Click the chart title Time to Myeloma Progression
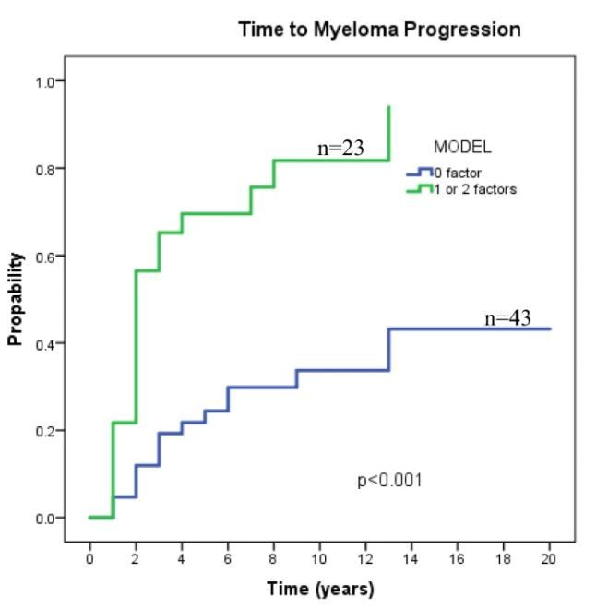point(379,30)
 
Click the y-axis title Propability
point(15,300)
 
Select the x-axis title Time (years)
point(321,589)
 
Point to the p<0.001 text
point(390,481)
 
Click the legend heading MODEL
point(462,147)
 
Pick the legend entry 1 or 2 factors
point(469,188)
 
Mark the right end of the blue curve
point(551,328)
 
